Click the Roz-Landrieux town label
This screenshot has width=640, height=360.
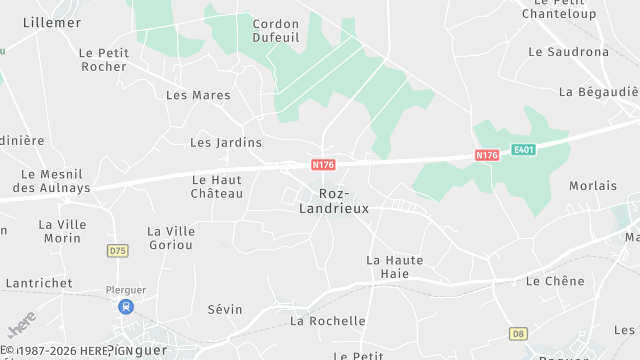point(334,201)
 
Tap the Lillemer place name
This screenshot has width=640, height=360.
point(52,21)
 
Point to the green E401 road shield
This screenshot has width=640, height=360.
point(523,150)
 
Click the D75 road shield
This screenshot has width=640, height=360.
point(118,250)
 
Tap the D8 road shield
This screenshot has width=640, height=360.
point(517,333)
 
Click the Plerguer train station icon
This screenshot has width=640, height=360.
point(126,307)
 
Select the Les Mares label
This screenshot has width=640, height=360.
point(198,96)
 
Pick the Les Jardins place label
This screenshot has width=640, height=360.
point(226,143)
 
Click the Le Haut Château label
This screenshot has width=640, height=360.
point(217,186)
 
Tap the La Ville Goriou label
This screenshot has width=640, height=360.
point(171,238)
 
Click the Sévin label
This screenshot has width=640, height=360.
point(225,309)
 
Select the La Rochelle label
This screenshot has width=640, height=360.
point(328,321)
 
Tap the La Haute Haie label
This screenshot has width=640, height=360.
point(395,266)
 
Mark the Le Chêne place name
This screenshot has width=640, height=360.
point(555,281)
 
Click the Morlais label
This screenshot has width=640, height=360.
point(593,186)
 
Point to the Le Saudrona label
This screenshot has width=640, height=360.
point(568,51)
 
